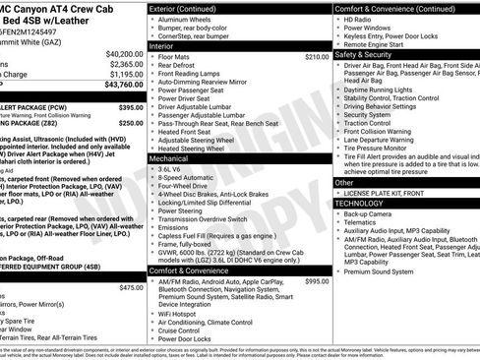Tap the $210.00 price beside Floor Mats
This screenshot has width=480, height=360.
coord(316,57)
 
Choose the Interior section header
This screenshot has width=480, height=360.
coord(168,45)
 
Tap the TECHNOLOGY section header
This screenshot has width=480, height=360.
coord(370,203)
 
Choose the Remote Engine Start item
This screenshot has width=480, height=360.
coord(378,45)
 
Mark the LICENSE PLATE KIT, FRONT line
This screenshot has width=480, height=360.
coord(384,193)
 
